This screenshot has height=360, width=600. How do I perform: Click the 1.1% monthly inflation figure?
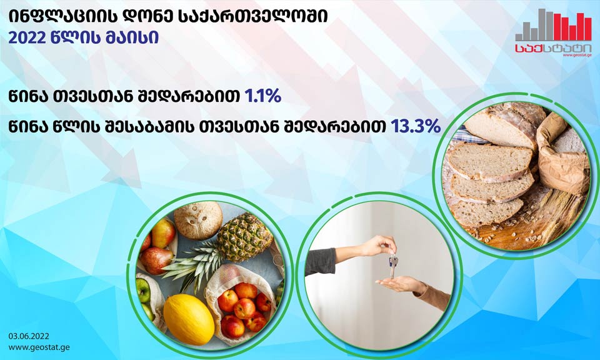(x=263, y=96)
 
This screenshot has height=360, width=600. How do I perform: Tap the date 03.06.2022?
(x=29, y=336)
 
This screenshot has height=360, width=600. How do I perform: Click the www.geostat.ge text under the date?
(x=39, y=347)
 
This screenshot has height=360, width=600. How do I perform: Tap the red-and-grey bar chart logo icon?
(x=553, y=24)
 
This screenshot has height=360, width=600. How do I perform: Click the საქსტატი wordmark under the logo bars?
(x=553, y=48)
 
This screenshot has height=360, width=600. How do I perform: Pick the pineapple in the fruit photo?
(x=240, y=237)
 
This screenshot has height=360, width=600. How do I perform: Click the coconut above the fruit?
(x=198, y=220)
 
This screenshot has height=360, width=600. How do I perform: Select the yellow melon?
(x=189, y=319)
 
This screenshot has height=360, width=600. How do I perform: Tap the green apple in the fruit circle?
(x=144, y=290)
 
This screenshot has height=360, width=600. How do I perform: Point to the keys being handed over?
(x=393, y=266)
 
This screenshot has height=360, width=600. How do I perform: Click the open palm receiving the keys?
(x=398, y=284)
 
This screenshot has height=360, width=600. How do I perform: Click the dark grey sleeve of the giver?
(x=320, y=262)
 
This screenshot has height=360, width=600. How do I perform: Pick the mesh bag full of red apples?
(x=241, y=302)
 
